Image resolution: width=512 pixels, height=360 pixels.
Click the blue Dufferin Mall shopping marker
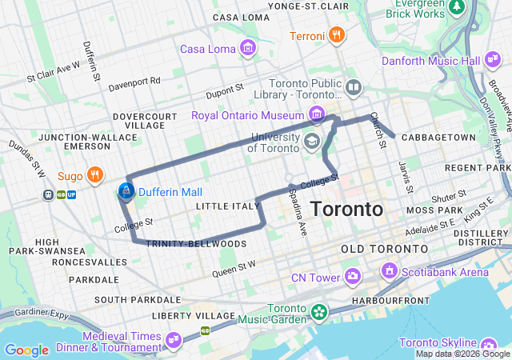tap(126, 190)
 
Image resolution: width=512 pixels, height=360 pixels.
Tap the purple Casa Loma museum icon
tap(248, 48)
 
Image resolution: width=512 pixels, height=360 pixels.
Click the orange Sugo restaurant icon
tap(94, 174)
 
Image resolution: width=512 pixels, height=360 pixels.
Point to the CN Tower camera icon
tap(353, 277)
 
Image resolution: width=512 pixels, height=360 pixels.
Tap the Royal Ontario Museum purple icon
tap(317, 114)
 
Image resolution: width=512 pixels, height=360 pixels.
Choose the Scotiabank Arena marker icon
tap(390, 271)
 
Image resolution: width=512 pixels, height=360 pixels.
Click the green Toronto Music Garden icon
tap(319, 310)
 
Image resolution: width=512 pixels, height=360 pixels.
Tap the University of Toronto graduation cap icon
tap(311, 142)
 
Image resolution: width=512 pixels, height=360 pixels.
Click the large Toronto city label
tap(346, 210)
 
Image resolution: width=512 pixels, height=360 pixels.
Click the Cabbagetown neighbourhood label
tap(436, 138)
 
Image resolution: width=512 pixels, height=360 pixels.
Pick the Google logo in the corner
tap(26, 350)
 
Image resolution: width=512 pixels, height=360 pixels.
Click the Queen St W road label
tap(234, 269)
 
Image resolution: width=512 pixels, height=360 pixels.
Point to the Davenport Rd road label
tap(134, 81)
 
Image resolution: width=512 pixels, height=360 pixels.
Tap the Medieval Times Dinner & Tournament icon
tap(171, 341)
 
